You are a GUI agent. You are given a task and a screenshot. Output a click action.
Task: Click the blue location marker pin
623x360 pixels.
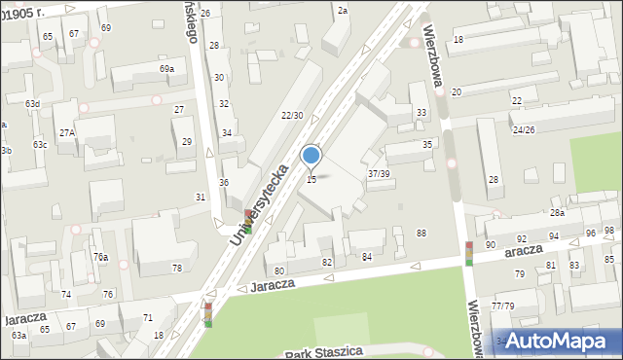(x=311, y=156)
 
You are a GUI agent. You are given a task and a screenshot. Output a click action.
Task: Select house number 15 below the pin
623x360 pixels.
(x=311, y=179)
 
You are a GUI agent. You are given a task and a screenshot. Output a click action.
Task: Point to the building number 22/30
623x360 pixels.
(x=292, y=116)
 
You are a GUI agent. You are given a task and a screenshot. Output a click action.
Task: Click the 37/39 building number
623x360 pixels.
(x=379, y=173)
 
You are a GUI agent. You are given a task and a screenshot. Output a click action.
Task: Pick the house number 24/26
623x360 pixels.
(x=525, y=129)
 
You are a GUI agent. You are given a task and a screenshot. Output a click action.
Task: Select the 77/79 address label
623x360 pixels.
(x=503, y=306)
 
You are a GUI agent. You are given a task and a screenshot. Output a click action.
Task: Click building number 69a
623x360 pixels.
(x=167, y=69)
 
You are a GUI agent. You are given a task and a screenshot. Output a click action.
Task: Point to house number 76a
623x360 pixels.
(x=100, y=256)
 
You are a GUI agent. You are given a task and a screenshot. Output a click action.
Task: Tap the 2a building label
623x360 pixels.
(x=343, y=10)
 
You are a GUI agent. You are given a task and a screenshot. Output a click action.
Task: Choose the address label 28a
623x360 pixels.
(x=557, y=212)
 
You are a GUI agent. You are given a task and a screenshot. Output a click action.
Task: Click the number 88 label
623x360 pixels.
(x=421, y=233)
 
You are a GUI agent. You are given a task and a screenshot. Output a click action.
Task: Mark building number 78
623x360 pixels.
(x=177, y=268)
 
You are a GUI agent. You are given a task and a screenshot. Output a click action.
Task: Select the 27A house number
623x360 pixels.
(x=66, y=132)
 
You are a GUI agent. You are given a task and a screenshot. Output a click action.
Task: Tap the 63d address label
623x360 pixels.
(x=33, y=103)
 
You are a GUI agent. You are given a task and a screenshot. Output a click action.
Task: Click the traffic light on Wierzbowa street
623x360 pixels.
(x=469, y=253)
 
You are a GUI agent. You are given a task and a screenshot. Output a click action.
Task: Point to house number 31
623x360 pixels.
(x=201, y=197)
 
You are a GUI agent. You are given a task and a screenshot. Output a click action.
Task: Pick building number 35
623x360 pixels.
(x=426, y=144)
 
